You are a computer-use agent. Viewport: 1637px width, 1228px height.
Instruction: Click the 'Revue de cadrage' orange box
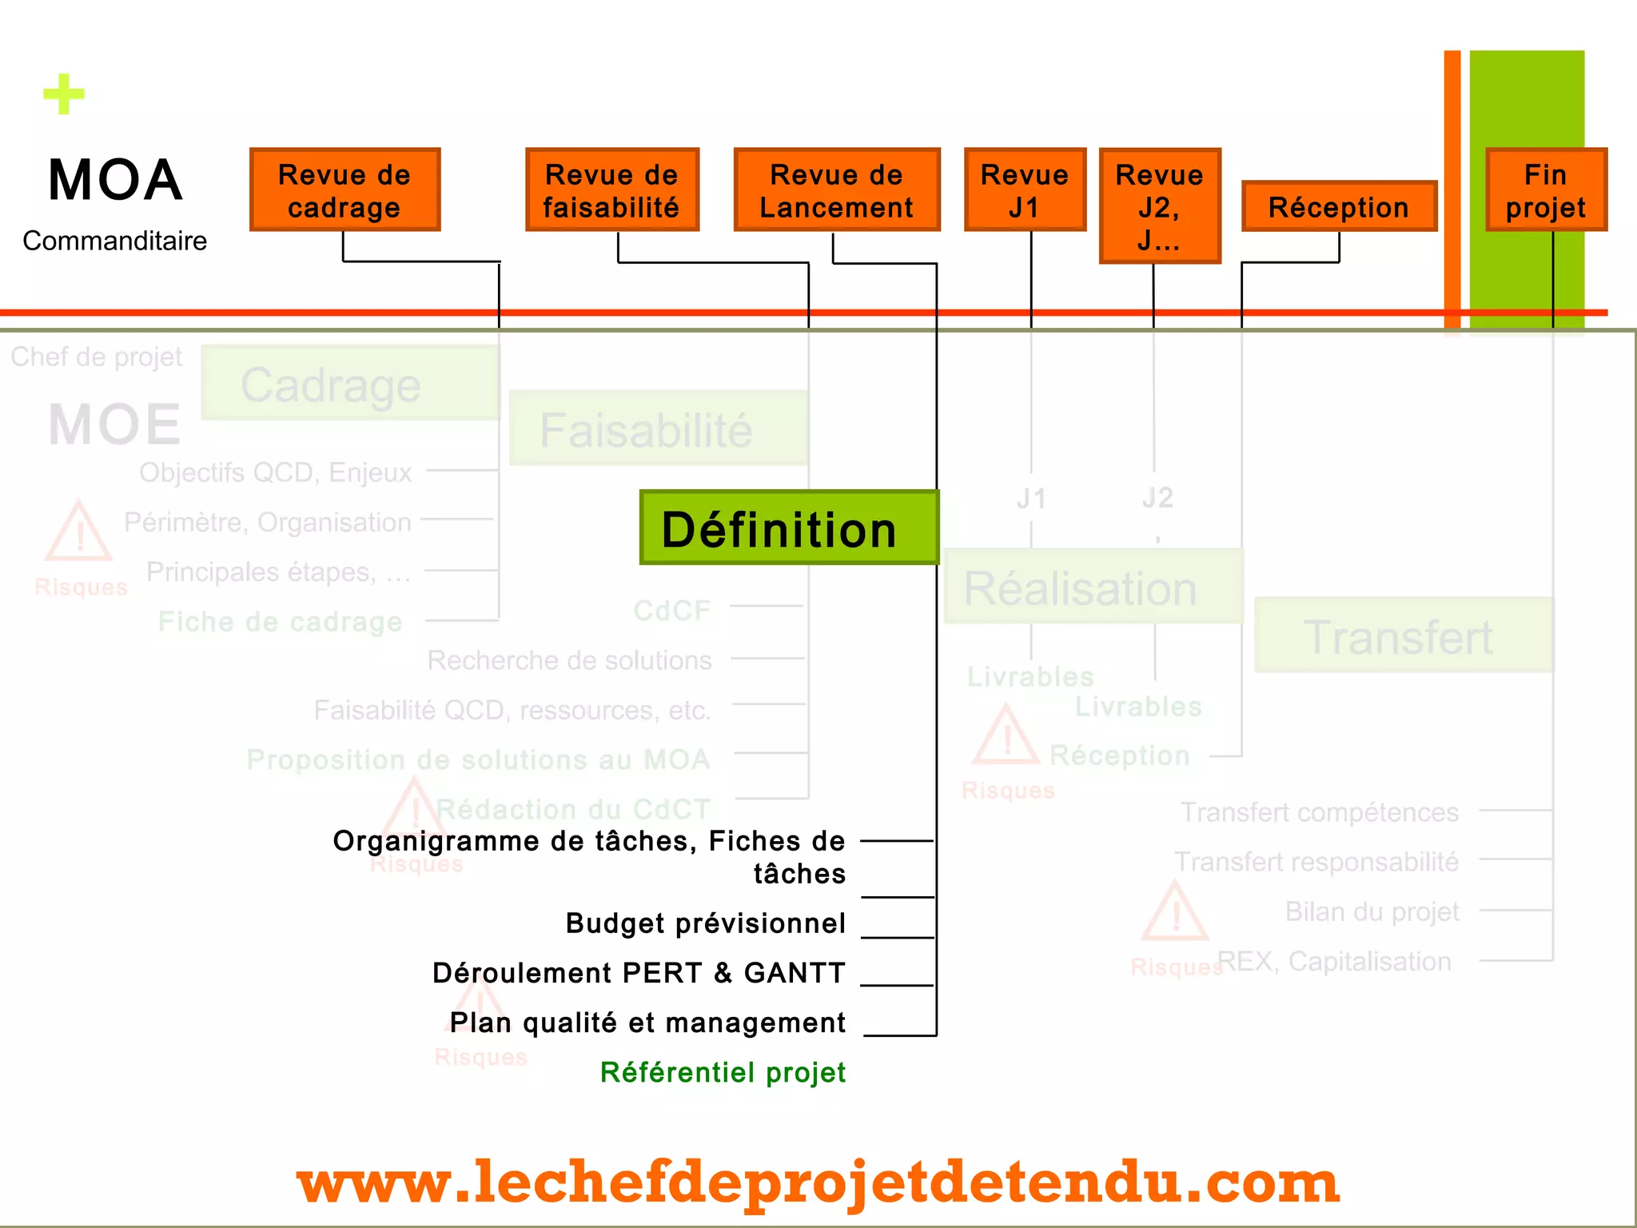(345, 190)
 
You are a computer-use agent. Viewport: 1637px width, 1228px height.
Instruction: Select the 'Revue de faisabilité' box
(612, 190)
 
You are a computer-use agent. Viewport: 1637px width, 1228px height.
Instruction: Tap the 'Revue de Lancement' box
(836, 190)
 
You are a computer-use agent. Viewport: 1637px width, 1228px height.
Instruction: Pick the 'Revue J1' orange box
(1025, 190)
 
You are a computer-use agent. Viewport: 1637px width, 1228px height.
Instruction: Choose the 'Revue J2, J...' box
(1159, 206)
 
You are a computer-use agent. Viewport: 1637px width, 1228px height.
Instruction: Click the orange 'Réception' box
(1339, 207)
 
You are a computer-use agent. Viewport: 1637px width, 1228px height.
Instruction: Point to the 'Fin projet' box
(1546, 190)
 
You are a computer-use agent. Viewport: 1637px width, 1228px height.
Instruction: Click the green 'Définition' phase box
(789, 528)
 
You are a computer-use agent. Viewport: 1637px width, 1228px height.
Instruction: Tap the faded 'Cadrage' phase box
(350, 384)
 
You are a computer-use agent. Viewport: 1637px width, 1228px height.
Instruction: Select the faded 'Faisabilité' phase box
(658, 429)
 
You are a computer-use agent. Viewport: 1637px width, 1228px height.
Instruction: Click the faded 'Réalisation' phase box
(1093, 587)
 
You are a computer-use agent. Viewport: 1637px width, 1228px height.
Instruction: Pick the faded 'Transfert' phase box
(1403, 636)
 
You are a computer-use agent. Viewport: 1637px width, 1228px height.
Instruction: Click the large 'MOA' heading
(115, 180)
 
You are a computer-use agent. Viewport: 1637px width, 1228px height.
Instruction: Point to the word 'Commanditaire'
(114, 241)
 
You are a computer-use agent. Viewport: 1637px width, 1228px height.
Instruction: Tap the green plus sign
(64, 94)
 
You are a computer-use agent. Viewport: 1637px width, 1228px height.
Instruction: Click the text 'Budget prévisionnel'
(705, 923)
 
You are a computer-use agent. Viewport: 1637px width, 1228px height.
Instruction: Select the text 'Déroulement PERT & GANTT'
(639, 973)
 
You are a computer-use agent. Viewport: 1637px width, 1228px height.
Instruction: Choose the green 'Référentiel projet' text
(723, 1072)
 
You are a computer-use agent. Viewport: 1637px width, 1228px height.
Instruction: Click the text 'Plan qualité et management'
(647, 1023)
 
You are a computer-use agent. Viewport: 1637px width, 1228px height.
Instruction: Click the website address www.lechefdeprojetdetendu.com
(818, 1182)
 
